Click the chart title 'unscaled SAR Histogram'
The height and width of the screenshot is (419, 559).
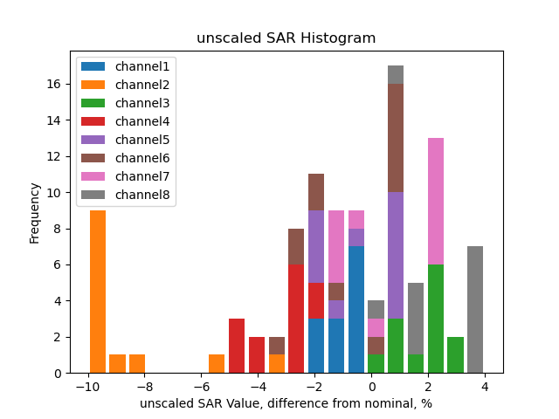286,38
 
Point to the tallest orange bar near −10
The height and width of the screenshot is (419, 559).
98,292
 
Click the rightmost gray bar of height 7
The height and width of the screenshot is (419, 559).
475,310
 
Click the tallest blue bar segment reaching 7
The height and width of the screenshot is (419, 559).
356,310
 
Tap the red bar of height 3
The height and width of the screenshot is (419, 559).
237,346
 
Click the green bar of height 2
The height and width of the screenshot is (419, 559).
455,354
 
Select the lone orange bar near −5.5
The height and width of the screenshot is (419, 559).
217,363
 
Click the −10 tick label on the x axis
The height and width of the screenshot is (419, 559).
86,387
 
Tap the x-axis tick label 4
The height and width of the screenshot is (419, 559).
485,387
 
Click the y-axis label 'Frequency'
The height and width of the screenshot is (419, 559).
35,212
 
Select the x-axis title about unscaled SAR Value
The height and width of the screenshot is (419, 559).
286,403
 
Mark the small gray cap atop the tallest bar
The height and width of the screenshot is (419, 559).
396,75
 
